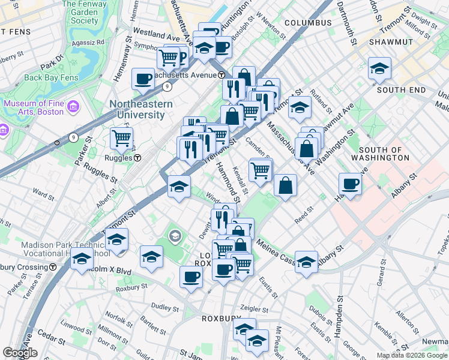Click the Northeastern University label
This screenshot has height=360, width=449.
[x=140, y=109]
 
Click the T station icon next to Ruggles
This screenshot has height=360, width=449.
[x=137, y=158]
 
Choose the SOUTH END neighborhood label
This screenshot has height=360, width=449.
[x=401, y=90]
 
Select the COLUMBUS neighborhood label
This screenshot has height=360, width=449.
[x=308, y=23]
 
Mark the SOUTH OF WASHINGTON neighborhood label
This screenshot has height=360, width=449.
[x=384, y=154]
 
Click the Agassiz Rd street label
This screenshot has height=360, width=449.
[x=88, y=43]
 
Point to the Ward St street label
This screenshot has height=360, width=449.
[x=44, y=194]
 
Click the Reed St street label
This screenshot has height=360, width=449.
[x=303, y=214]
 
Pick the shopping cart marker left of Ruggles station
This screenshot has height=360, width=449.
[x=121, y=139]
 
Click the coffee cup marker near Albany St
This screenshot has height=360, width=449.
[x=350, y=184]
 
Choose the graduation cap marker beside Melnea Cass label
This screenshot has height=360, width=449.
[x=306, y=262]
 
